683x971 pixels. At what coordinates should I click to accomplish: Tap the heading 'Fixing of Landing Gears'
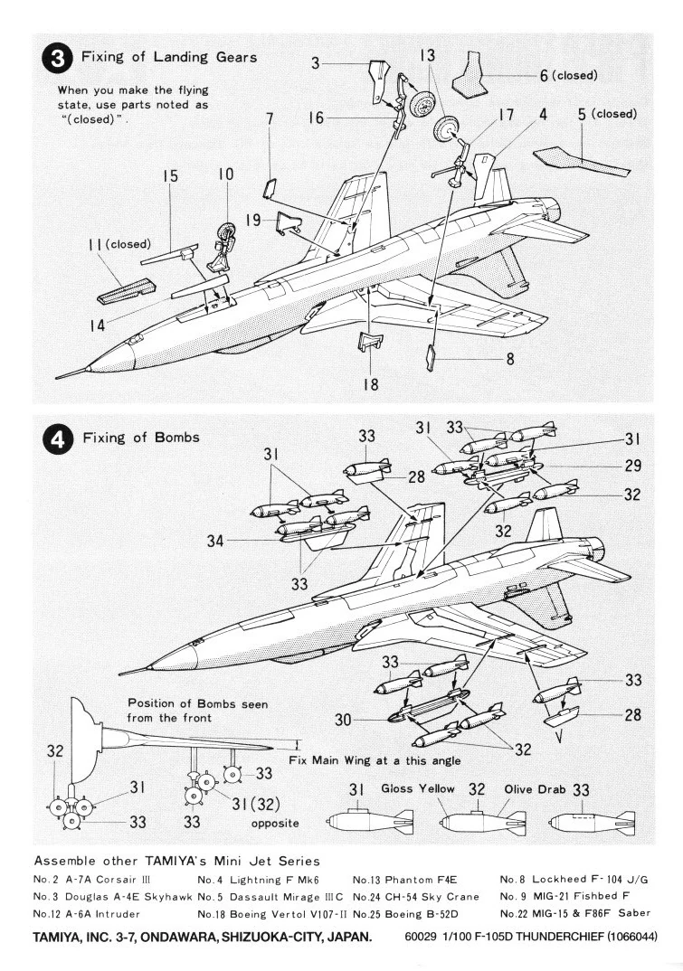tap(169, 56)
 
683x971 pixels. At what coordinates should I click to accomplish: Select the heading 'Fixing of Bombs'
tap(140, 438)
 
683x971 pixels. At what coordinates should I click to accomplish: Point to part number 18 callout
tap(371, 384)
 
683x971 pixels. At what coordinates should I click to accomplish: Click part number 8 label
tap(510, 358)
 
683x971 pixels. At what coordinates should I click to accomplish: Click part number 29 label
tap(632, 467)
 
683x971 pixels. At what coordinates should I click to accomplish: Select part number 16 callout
tap(315, 118)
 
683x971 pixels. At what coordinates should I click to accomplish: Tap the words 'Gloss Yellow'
tap(418, 789)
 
